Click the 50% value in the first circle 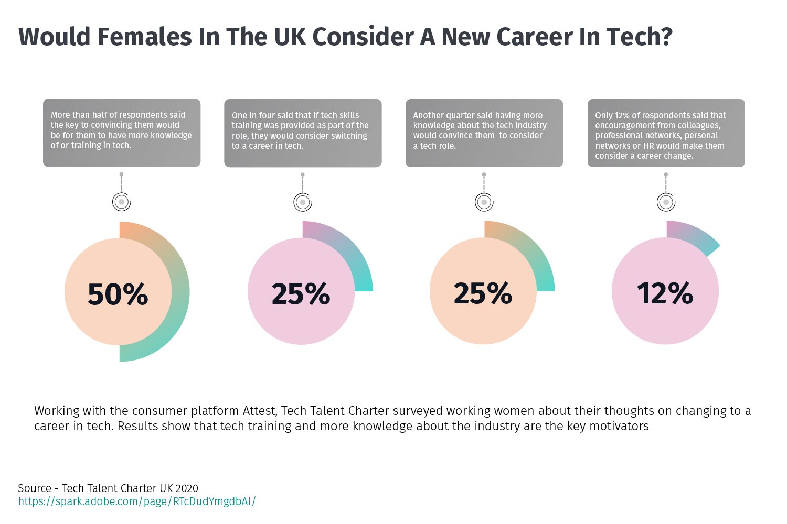point(118,294)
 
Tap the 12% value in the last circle point(665,293)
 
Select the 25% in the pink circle point(301,293)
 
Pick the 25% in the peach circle point(483,293)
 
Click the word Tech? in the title point(640,37)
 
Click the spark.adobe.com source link point(137,501)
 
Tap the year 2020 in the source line point(187,488)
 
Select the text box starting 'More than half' point(122,133)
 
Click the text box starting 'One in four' point(303,133)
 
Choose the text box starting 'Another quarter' point(484,133)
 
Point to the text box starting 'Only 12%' point(666,133)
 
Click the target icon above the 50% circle point(122,202)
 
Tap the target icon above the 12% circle point(666,202)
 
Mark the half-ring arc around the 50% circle point(180,291)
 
